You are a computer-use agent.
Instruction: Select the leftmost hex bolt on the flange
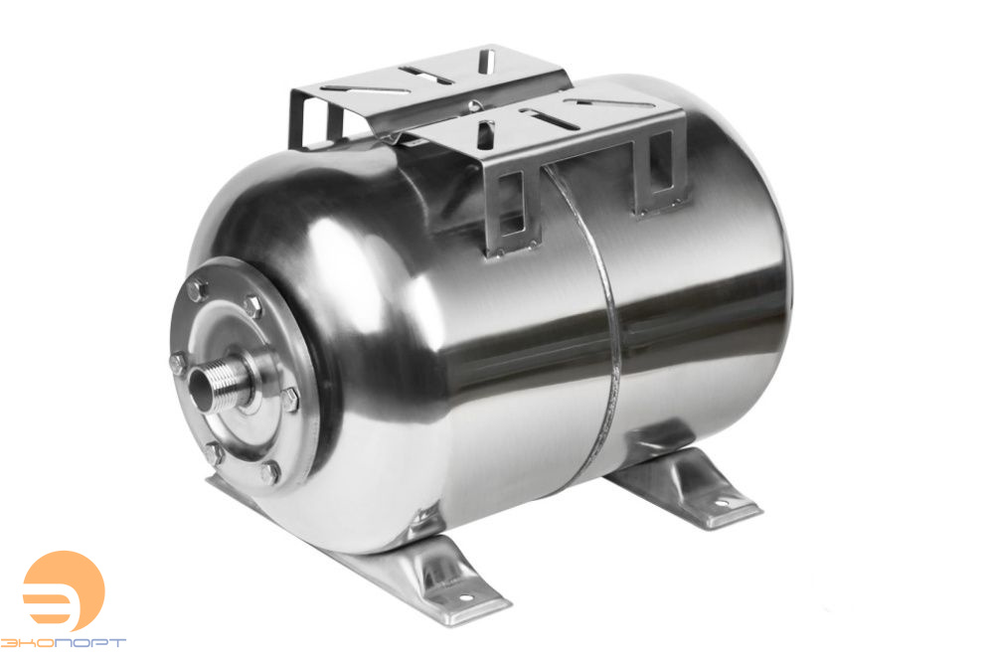click(x=178, y=360)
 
